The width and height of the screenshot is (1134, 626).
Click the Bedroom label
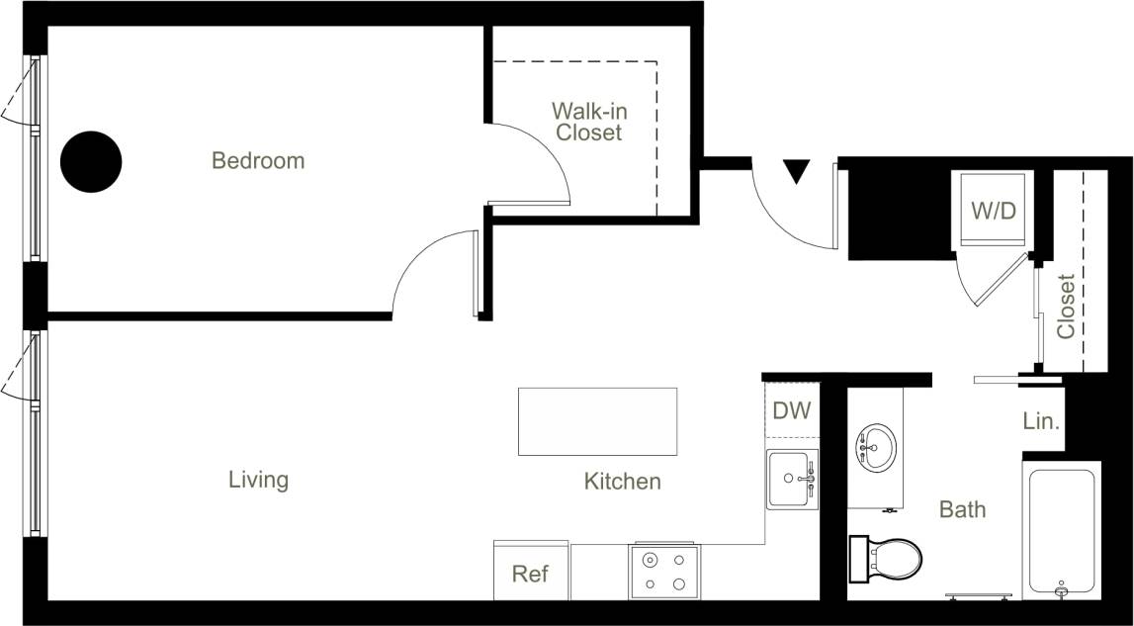(x=258, y=160)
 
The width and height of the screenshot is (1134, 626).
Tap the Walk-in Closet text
(x=589, y=121)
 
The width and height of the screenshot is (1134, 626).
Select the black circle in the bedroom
(x=91, y=161)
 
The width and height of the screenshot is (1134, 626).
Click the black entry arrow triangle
(x=797, y=172)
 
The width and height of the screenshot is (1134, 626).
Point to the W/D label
(x=993, y=211)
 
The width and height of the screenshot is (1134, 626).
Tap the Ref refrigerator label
(x=530, y=574)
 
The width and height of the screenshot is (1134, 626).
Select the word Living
(x=258, y=480)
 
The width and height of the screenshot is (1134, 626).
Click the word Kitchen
(x=622, y=482)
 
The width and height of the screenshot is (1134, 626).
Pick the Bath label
(x=962, y=509)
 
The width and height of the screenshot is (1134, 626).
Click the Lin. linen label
(x=1041, y=421)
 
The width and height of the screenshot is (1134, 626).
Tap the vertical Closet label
(x=1066, y=306)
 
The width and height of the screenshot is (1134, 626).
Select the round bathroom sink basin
(x=875, y=445)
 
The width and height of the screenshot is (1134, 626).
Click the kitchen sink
(x=792, y=479)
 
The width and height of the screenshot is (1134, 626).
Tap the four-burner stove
(x=664, y=572)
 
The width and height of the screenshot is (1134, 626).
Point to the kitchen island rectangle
(x=597, y=421)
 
